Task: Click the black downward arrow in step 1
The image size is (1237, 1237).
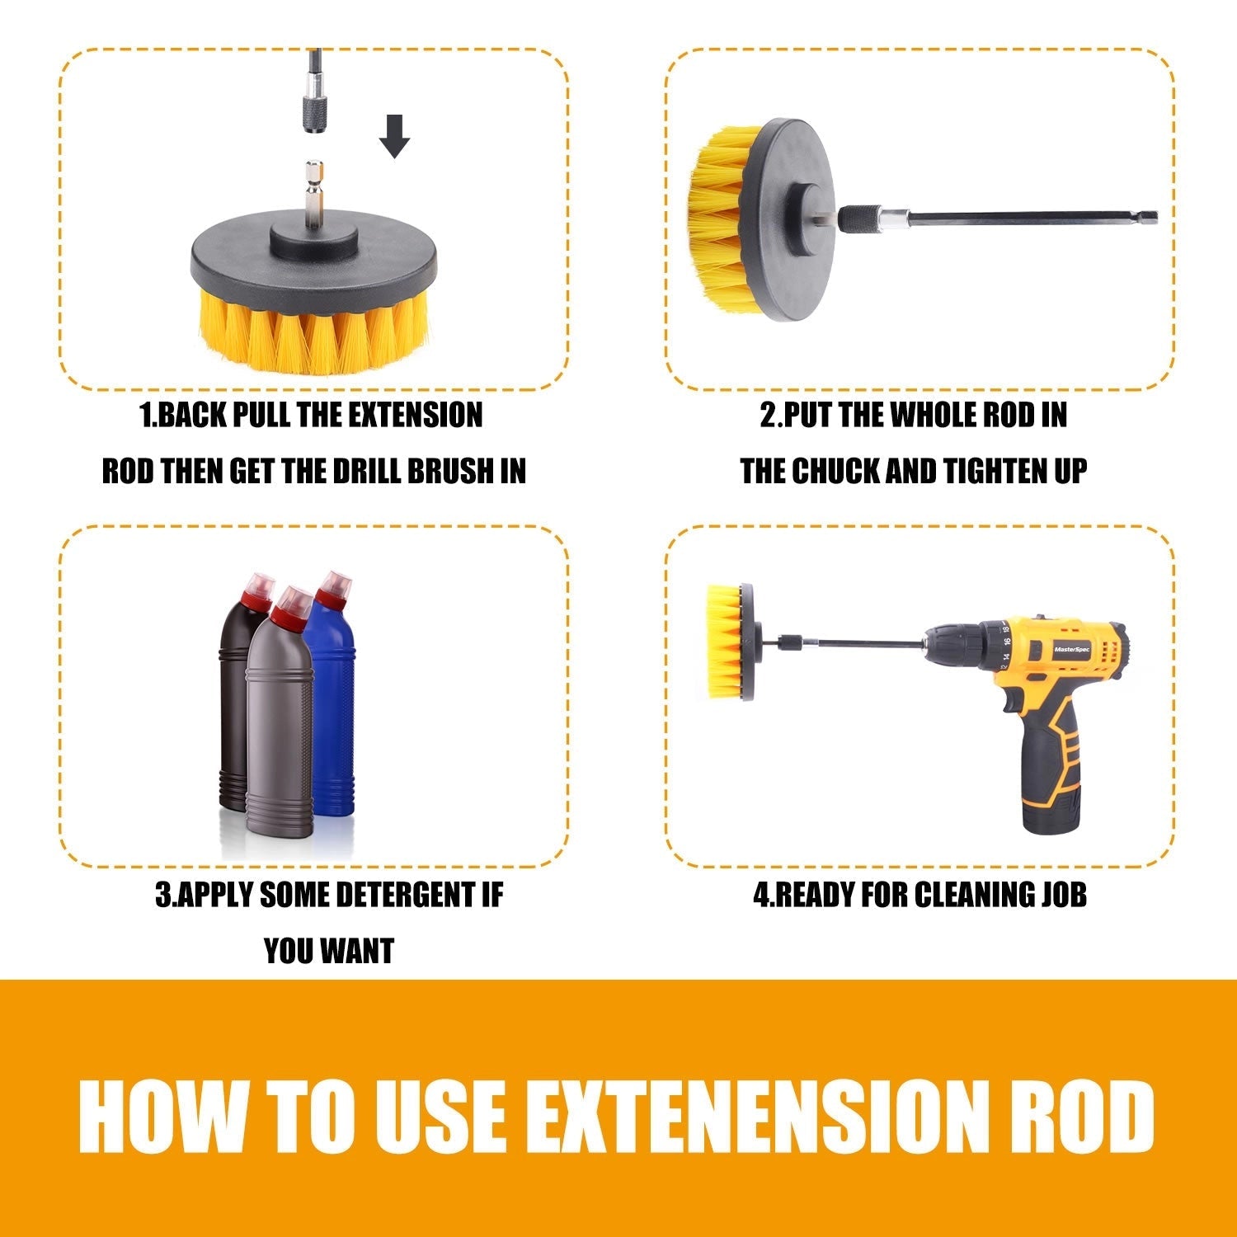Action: tap(394, 136)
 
